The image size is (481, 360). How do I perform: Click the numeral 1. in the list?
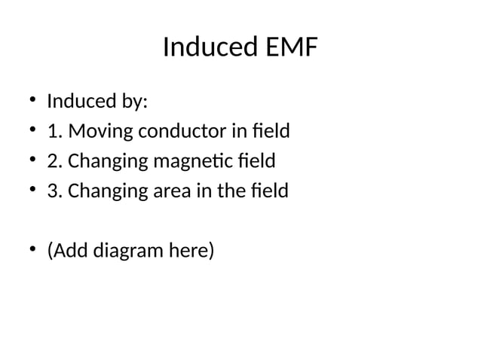click(x=55, y=132)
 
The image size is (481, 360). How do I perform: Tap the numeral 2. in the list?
click(x=55, y=161)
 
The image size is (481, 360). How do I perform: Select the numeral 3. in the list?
click(x=55, y=191)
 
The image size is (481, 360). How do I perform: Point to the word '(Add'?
click(x=67, y=250)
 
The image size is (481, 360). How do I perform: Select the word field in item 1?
click(x=271, y=131)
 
